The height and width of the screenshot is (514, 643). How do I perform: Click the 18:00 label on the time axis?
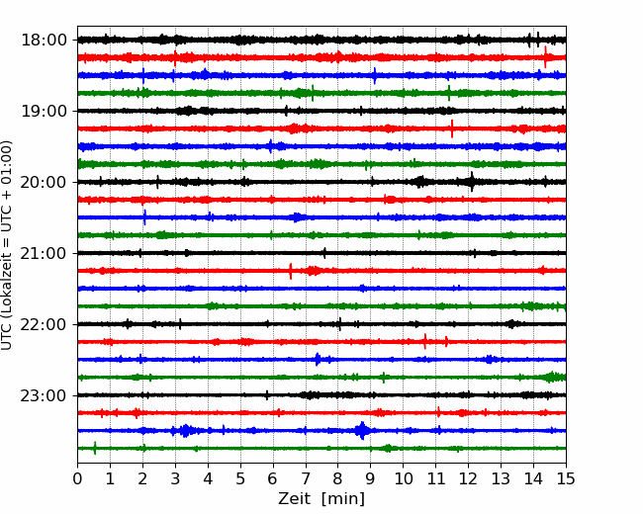coord(44,41)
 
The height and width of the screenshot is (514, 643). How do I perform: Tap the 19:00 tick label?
coord(44,111)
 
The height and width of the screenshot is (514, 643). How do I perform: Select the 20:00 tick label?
coord(44,182)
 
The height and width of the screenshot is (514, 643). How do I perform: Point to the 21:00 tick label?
coord(44,253)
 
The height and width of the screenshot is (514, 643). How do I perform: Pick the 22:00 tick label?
coord(44,324)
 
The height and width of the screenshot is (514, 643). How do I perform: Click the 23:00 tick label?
coord(44,395)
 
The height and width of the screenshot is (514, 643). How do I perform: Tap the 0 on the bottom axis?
coord(77,478)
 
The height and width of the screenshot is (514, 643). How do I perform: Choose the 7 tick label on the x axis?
coord(305,478)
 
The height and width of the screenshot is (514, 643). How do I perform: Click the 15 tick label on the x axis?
coord(566,478)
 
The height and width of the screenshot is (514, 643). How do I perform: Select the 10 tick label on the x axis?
coord(403,478)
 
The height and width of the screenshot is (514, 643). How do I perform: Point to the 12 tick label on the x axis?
coord(468,478)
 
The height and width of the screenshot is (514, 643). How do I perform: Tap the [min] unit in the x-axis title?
coord(343,499)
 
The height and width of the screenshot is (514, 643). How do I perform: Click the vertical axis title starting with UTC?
coord(7,245)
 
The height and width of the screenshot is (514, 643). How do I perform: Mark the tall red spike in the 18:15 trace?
coord(545,57)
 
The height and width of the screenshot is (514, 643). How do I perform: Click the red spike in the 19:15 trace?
coord(452,128)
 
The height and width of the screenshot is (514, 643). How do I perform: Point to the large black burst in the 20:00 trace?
coord(472,182)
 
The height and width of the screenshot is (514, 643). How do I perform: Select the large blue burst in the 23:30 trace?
coord(362,430)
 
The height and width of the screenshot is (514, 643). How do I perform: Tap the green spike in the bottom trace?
coord(95,449)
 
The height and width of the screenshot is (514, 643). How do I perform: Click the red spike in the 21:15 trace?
coord(291,271)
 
